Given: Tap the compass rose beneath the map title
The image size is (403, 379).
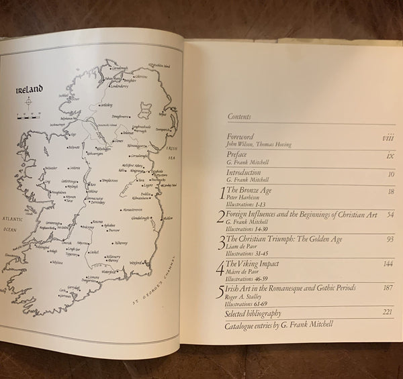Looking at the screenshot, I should point(29,104).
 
